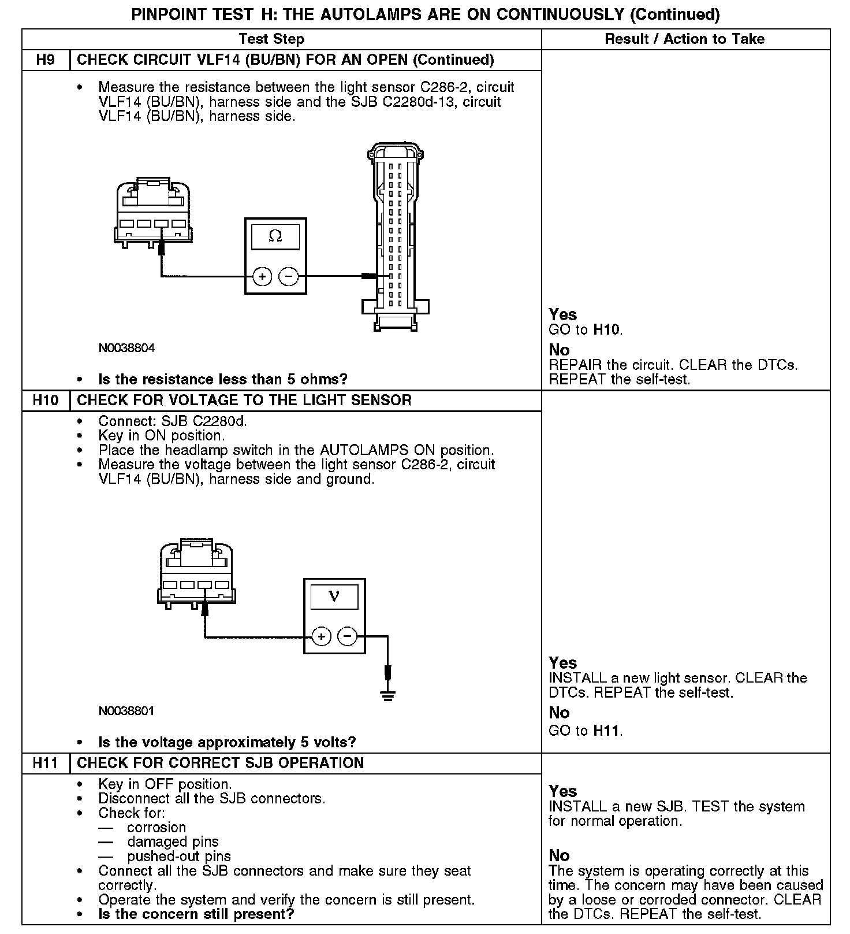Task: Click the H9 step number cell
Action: (x=45, y=60)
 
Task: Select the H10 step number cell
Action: (x=45, y=400)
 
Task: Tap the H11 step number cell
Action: (x=45, y=763)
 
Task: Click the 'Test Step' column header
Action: (x=271, y=39)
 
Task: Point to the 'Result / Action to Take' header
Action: (x=684, y=39)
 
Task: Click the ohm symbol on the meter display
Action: (x=275, y=236)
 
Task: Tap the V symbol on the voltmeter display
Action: (x=334, y=596)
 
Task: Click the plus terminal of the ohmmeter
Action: (x=262, y=277)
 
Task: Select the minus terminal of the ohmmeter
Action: (x=288, y=277)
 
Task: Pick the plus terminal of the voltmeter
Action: (x=321, y=637)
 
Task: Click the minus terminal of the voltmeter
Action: (x=347, y=637)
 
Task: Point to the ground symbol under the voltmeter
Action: (x=387, y=696)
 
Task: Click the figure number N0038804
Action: (x=126, y=348)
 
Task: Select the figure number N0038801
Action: (x=126, y=711)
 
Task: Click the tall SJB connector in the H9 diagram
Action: (x=396, y=237)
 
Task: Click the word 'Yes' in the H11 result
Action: (x=562, y=791)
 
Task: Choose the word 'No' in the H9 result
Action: (x=559, y=350)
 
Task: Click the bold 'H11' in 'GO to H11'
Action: (x=607, y=731)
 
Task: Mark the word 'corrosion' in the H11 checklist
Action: (x=156, y=827)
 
